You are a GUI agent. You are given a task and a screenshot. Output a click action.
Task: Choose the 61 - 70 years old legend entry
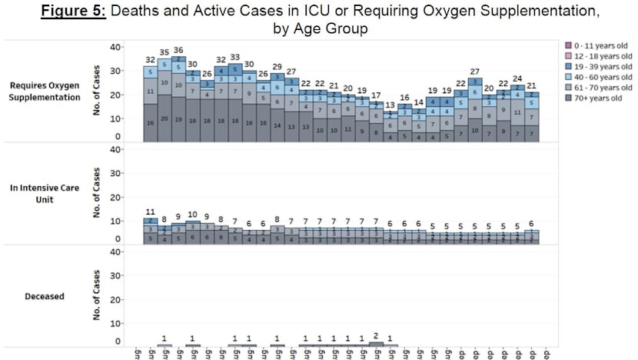coord(595,88)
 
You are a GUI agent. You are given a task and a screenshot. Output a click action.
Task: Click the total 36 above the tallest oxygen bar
coord(178,51)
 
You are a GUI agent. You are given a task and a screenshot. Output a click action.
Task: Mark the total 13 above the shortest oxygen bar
coord(390,105)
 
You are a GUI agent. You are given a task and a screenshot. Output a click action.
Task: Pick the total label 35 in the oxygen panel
coord(164,53)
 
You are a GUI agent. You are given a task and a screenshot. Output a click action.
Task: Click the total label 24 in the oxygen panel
coord(518,78)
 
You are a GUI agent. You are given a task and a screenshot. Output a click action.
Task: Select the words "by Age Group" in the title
coord(318,29)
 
